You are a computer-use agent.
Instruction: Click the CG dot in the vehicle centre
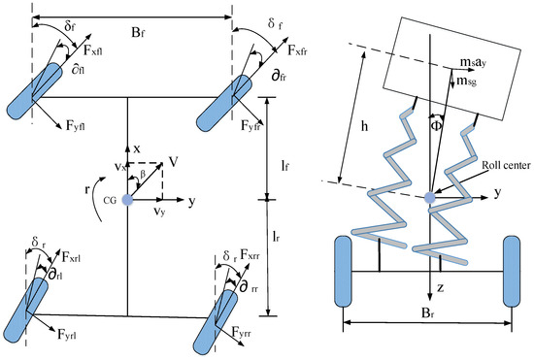coord(127,200)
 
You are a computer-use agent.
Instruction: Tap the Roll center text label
coord(506,166)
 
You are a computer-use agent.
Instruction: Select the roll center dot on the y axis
coord(430,197)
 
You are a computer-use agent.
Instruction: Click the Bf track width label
coord(137,33)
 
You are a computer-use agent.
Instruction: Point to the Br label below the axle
coord(427,313)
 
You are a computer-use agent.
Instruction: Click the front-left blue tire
coord(34,91)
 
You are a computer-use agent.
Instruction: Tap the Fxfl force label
coord(93,50)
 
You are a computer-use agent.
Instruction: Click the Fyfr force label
coord(250,126)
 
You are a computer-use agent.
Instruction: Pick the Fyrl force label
coord(67,335)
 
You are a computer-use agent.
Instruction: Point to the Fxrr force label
coord(250,254)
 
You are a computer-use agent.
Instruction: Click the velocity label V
coord(174,162)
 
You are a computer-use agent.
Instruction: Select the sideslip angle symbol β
coord(143,174)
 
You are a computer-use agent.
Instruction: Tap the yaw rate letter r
coord(87,189)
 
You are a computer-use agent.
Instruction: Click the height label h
coord(364,126)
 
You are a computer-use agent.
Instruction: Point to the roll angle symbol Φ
coord(436,126)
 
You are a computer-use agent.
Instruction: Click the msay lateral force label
coord(473,63)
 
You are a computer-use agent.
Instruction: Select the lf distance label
coord(285,166)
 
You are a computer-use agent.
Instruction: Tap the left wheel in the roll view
coord(343,271)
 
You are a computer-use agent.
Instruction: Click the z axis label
coord(441,288)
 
